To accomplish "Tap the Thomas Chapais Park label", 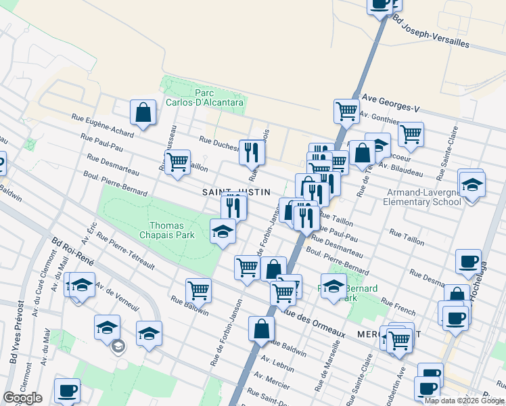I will click(172, 230).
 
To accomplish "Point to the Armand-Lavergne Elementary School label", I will click(421, 196).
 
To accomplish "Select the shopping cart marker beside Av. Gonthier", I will click(346, 111).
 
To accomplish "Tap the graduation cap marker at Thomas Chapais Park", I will click(223, 232).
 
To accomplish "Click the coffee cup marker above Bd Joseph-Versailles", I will click(381, 3).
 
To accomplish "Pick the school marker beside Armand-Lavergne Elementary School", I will click(472, 183).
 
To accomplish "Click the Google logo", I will click(22, 398).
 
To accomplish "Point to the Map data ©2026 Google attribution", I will click(463, 401).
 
